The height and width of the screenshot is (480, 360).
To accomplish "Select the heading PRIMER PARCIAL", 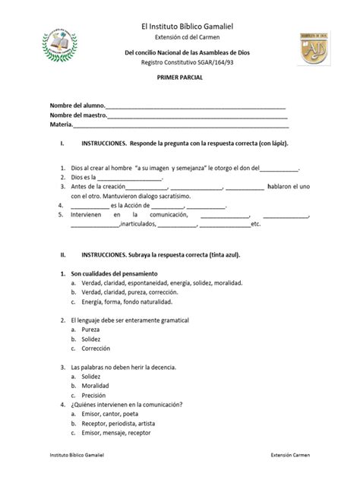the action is (x=180, y=78).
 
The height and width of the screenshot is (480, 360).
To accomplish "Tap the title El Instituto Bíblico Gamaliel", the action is (x=180, y=27).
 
